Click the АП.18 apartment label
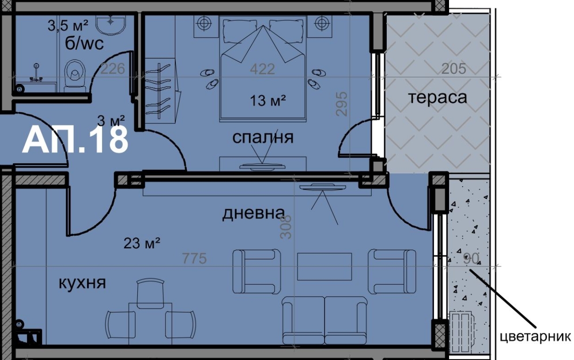pyautogui.click(x=75, y=140)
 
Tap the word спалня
pyautogui.click(x=263, y=137)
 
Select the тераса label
pyautogui.click(x=438, y=98)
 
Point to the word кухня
pyautogui.click(x=82, y=283)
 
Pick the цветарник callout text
pyautogui.click(x=535, y=337)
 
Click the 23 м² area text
pyautogui.click(x=142, y=243)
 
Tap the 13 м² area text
pyautogui.click(x=268, y=100)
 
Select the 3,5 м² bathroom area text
pyautogui.click(x=68, y=26)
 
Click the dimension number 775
pyautogui.click(x=194, y=259)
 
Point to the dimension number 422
pyautogui.click(x=262, y=69)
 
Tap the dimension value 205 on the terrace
pyautogui.click(x=453, y=69)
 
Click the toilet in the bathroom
pyautogui.click(x=75, y=76)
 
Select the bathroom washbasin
pyautogui.click(x=111, y=25)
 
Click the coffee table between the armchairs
pyautogui.click(x=325, y=266)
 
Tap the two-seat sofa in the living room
pyautogui.click(x=325, y=320)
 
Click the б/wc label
pyautogui.click(x=84, y=44)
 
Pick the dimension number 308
pyautogui.click(x=286, y=227)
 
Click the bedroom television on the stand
pyautogui.click(x=262, y=167)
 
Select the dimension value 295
pyautogui.click(x=342, y=104)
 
